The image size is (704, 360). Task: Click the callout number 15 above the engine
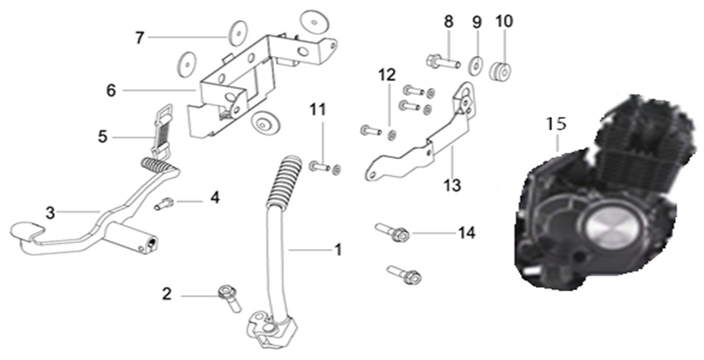pos(555,124)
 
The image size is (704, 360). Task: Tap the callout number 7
pos(139,38)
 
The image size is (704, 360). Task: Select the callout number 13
pos(453,184)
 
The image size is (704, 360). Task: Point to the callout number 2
pos(166,294)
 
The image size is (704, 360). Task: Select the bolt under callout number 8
pos(443,63)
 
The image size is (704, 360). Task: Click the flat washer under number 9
pos(476,65)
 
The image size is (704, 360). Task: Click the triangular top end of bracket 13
pos(466,98)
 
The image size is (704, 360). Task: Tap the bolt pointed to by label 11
pos(319,167)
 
